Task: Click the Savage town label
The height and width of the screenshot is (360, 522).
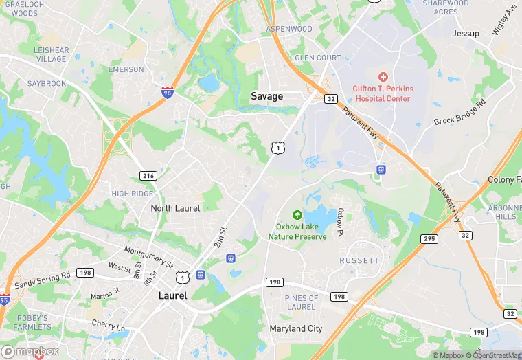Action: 266,96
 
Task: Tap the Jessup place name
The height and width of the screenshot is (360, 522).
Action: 466,33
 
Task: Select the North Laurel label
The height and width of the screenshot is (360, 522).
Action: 175,208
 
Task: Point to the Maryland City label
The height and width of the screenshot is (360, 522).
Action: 295,329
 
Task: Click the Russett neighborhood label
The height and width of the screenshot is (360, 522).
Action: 359,261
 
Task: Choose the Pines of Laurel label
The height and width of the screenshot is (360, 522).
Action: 301,303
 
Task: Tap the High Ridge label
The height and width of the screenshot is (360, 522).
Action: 133,194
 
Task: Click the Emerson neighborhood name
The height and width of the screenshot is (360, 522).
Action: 126,69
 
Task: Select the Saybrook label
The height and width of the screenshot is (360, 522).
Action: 47,84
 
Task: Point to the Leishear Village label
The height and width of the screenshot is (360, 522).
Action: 52,55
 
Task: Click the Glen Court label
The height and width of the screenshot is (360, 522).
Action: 317,58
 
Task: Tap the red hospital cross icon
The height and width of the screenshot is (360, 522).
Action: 383,77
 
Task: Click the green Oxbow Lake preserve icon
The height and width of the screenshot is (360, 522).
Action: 297,215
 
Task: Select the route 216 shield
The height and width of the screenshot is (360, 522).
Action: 148,176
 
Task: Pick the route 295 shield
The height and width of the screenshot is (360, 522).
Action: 429,238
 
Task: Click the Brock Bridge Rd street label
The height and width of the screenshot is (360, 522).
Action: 459,112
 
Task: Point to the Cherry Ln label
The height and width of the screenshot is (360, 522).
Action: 110,324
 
